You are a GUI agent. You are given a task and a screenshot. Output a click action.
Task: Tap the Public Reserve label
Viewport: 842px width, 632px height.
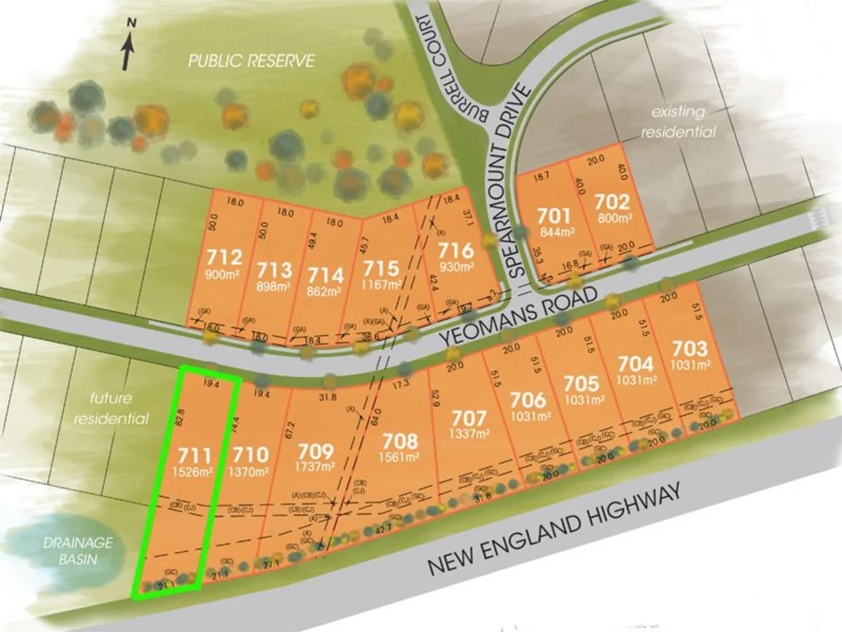[251, 61]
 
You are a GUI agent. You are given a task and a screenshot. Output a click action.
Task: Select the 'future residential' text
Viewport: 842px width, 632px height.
[119, 409]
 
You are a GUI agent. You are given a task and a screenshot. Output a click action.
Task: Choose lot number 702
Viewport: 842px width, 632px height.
[612, 202]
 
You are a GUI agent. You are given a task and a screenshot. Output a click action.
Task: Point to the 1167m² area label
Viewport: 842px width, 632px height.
[382, 284]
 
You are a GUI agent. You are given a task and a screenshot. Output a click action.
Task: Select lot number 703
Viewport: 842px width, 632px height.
[690, 348]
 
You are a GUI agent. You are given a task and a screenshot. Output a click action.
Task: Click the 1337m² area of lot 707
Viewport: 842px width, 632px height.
[469, 434]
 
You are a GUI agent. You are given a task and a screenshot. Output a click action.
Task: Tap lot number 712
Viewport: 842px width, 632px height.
[225, 257]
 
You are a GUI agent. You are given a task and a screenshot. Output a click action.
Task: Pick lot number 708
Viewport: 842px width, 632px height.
[400, 442]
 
